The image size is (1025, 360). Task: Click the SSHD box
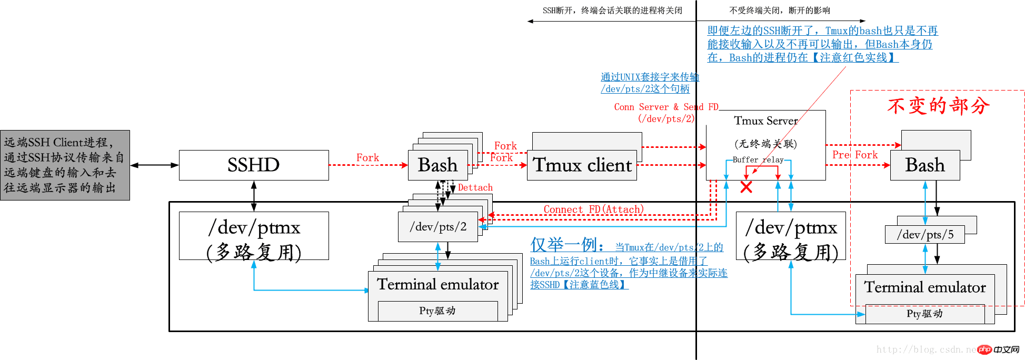coord(254,165)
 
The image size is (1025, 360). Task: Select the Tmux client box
coord(582,165)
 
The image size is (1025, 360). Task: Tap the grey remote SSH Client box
coord(65,165)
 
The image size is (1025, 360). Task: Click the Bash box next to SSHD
coord(437,165)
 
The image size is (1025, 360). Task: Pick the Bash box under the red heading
coord(924,165)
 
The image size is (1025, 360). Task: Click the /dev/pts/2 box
coord(438,227)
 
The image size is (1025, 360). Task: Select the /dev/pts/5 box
coord(925,235)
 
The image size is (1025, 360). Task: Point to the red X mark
coord(746,187)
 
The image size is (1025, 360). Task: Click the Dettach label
coord(475,187)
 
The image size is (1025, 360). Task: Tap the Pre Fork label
coord(855,155)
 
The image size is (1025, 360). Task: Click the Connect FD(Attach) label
coord(593,209)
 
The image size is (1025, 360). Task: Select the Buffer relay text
coord(758,159)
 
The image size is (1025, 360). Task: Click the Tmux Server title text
coord(765,121)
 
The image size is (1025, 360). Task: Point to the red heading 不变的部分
coord(938,106)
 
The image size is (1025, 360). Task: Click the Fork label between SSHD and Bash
coord(367,157)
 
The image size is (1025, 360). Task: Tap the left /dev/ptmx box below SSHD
coord(254,236)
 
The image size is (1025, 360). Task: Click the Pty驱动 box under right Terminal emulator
coord(924,314)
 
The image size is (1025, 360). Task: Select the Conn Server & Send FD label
coord(666,107)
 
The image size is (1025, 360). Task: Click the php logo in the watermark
coord(985,349)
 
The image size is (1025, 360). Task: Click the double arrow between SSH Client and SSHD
coord(154,165)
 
